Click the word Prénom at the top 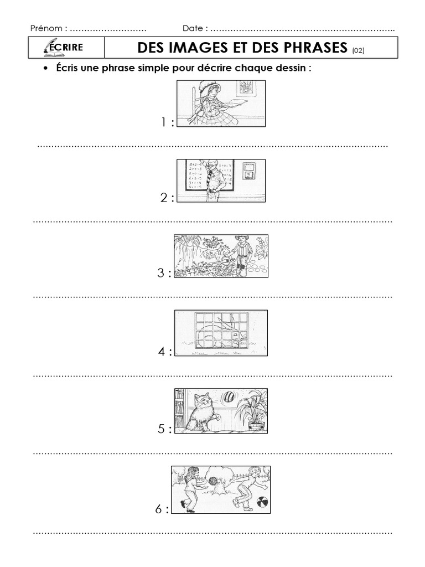(x=49, y=28)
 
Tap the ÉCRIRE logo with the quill (x=63, y=47)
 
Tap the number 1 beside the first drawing (x=164, y=123)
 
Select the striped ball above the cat (x=228, y=398)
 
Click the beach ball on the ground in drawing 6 (x=262, y=504)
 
